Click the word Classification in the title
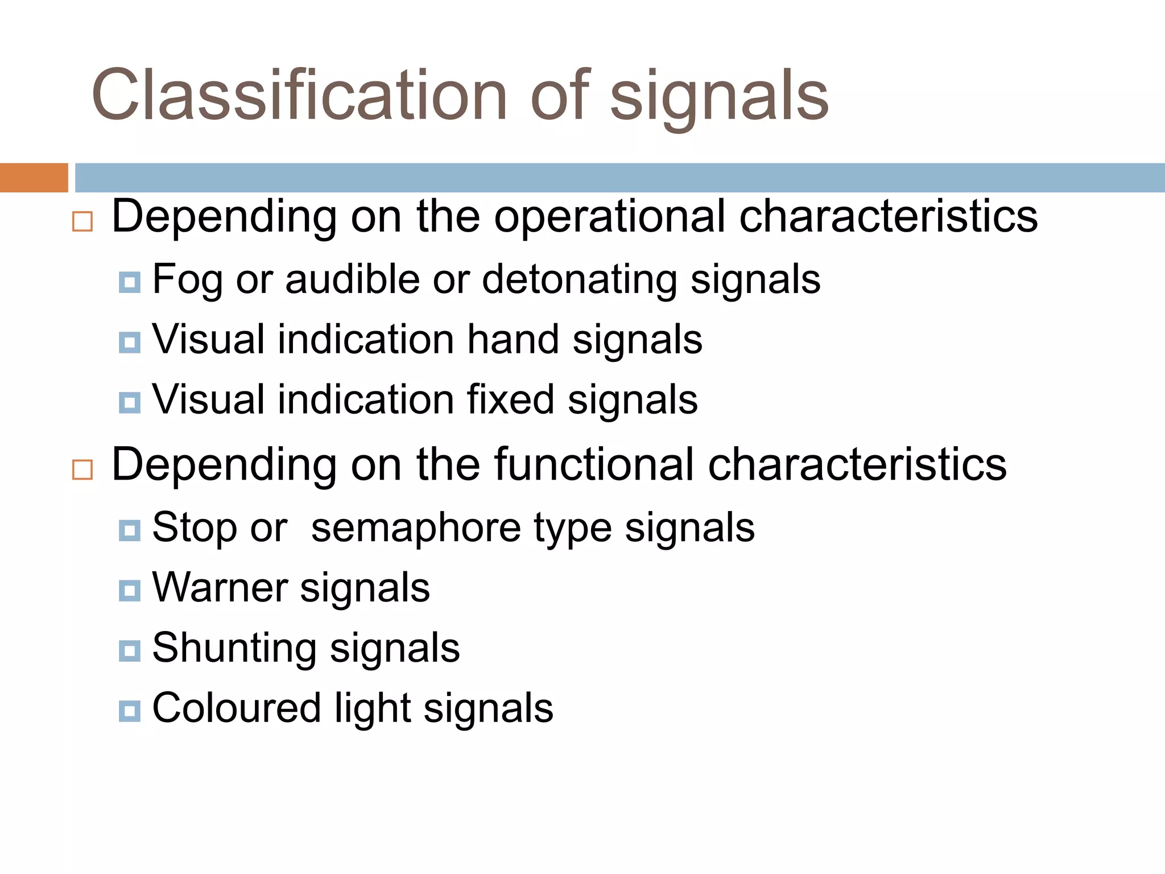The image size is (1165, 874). [299, 95]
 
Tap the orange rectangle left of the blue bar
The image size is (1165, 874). [34, 178]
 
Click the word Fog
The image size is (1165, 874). [187, 280]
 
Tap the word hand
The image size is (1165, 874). [513, 340]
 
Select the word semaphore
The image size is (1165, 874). [415, 528]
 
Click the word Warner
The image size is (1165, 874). [220, 588]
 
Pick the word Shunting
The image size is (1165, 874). [234, 648]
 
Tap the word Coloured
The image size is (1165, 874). [237, 708]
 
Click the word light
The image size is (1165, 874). [373, 708]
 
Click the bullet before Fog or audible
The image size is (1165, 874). [130, 282]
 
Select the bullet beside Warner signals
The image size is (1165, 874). [130, 591]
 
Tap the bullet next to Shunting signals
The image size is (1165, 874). [130, 651]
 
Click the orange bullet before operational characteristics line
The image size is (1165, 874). [82, 221]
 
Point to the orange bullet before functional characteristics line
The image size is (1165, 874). [82, 469]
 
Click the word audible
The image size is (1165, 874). [353, 279]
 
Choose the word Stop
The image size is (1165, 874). [194, 528]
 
